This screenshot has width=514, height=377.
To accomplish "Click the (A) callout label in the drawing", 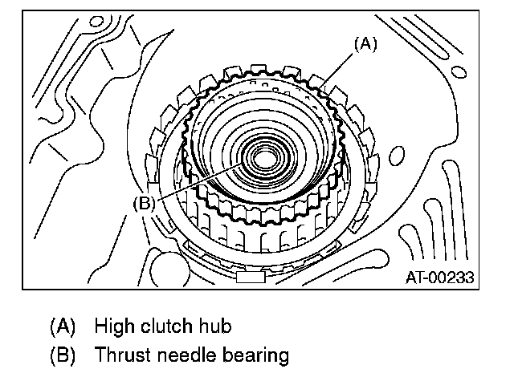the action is coord(366,44).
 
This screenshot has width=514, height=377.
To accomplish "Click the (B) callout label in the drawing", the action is coord(144,203).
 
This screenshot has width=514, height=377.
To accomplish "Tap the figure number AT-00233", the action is coord(439,278).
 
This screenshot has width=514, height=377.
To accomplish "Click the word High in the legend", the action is coord(114,326).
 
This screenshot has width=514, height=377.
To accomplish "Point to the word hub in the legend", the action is coord(215,326).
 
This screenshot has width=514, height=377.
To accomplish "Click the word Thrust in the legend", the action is coord(123,355).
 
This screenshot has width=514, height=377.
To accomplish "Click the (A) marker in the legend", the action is coord(63,326).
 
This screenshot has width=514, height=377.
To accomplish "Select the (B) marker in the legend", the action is coord(63,355).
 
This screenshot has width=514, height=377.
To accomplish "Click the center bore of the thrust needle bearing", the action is coord(264,160).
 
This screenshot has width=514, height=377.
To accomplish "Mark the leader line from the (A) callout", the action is coord(337,71).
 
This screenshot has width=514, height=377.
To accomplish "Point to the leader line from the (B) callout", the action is coord(198,182).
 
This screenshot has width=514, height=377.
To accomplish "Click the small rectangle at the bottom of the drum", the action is coord(251,278).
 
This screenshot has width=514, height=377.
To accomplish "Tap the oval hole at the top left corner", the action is coord(96,22).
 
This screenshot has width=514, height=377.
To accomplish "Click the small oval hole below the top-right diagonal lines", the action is coord(459,72).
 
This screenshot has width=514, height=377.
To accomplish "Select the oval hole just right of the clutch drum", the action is coord(397,156).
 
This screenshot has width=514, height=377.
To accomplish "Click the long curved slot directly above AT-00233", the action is coord(455,209).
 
